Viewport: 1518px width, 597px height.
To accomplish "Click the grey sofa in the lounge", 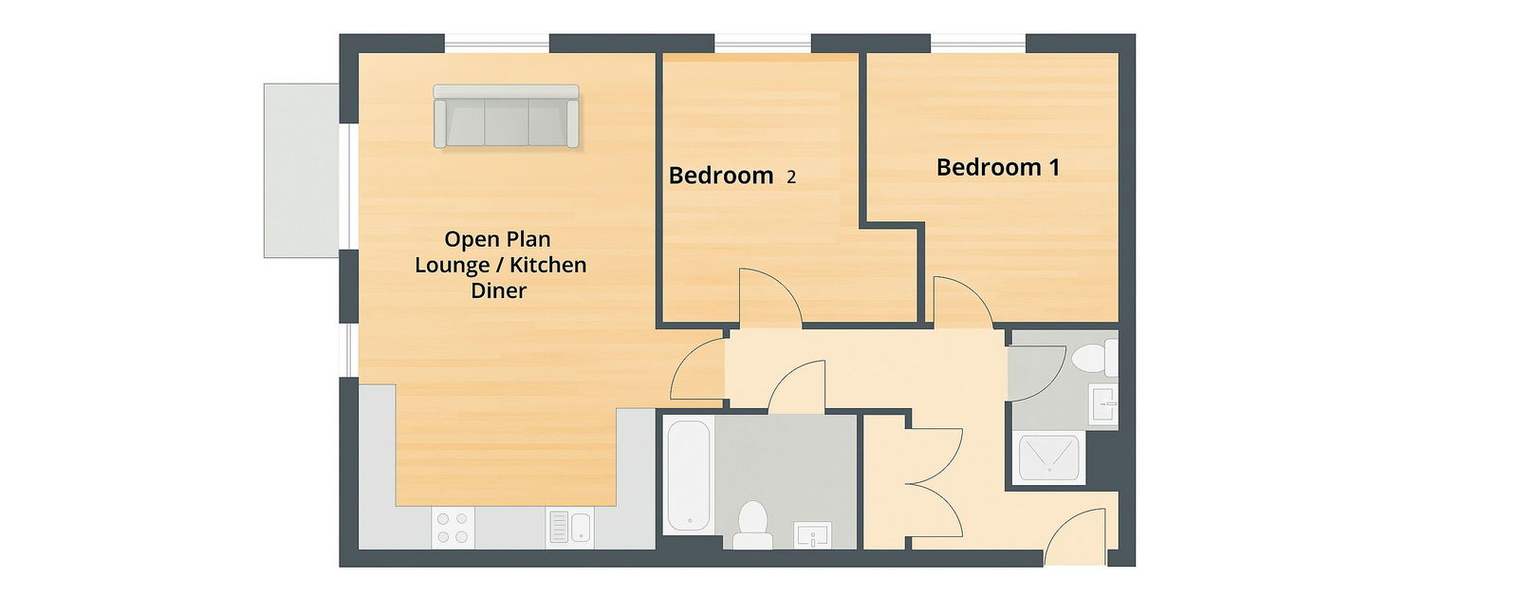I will pyautogui.click(x=506, y=117).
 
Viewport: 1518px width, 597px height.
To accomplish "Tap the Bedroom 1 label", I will pyautogui.click(x=997, y=168).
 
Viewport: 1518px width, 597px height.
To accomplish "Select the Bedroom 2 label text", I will pyautogui.click(x=731, y=176).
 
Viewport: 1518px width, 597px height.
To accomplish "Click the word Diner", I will pyautogui.click(x=499, y=290).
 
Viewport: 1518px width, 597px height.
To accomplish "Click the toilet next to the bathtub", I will pyautogui.click(x=753, y=526).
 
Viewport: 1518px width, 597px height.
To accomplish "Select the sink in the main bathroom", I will pyautogui.click(x=812, y=535).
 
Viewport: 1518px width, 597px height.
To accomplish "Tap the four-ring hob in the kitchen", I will pyautogui.click(x=453, y=528).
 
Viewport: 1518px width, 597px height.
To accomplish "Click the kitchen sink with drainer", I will pyautogui.click(x=569, y=528).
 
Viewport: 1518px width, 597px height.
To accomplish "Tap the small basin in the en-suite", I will pyautogui.click(x=1104, y=403).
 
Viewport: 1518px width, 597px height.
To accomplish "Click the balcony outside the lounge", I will pyautogui.click(x=301, y=171).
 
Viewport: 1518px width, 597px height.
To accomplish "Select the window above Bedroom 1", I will pyautogui.click(x=978, y=43).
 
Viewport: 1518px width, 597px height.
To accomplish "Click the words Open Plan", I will pyautogui.click(x=497, y=239).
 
